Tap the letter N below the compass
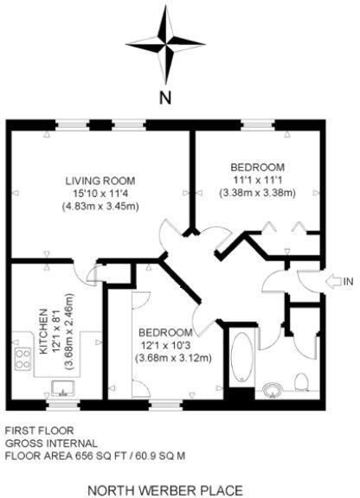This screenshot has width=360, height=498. point(164,97)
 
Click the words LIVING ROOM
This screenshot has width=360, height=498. point(100,181)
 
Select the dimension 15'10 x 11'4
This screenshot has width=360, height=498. point(101,194)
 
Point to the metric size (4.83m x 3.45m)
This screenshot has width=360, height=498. point(101,207)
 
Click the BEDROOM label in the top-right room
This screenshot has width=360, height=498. point(257,166)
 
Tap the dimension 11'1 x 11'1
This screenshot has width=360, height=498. point(257,179)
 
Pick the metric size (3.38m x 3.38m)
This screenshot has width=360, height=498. point(257,192)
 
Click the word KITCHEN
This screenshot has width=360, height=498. point(40,331)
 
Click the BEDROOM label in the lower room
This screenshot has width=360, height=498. point(164,333)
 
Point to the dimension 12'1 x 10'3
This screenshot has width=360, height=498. point(164,346)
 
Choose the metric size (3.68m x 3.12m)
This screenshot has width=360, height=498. point(164,359)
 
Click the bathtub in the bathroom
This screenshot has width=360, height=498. point(241,356)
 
